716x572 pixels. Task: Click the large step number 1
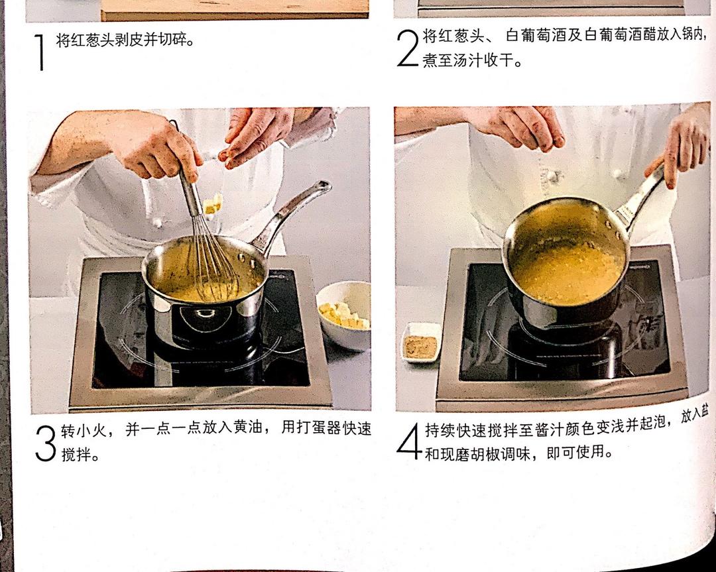[x=41, y=51]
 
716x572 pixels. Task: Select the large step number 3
[x=45, y=442]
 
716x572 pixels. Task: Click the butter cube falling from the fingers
[x=213, y=204]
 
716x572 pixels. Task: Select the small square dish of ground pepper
[x=421, y=342]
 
